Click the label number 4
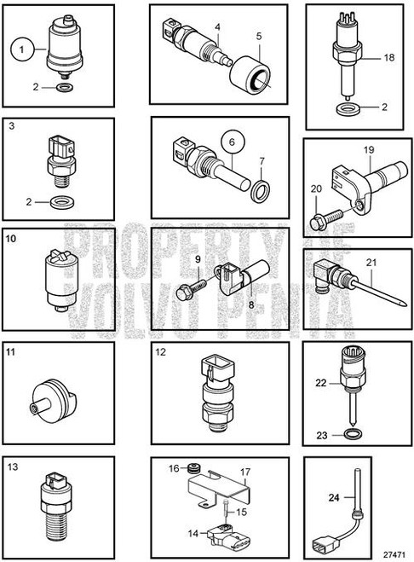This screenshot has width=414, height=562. point(217,26)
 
